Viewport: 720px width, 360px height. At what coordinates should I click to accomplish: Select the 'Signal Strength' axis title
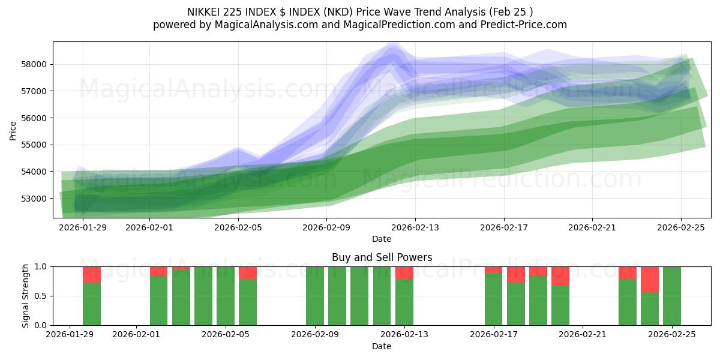coord(25,296)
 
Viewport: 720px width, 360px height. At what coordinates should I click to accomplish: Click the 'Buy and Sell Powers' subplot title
coord(382,257)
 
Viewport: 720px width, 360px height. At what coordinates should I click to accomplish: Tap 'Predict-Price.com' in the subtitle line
coord(524,25)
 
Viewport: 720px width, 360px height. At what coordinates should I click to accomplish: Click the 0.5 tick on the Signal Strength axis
coord(42,296)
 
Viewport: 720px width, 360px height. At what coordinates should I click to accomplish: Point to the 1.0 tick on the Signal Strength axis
coord(42,266)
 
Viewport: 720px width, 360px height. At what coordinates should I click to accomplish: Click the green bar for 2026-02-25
coord(672,296)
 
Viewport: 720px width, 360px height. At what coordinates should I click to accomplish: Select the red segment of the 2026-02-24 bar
coord(650,279)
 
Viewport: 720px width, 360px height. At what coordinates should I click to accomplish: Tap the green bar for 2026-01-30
coord(92,304)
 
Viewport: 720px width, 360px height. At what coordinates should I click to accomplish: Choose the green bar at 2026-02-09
coord(315,296)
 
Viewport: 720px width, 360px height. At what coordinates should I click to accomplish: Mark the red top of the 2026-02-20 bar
coord(560,276)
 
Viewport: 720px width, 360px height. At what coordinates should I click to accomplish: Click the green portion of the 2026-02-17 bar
coord(494,299)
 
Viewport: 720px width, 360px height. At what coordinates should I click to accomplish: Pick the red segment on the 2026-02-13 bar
coord(404,272)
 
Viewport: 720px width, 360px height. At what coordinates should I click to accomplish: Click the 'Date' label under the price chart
coord(382,239)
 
